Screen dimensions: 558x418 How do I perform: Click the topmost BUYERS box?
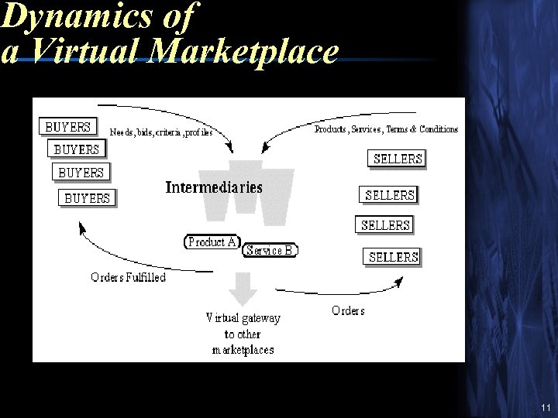click(67, 126)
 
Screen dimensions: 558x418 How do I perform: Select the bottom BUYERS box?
click(87, 197)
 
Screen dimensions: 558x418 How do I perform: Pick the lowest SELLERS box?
click(393, 256)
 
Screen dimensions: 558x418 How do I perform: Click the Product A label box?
click(212, 242)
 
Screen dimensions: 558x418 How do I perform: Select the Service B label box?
click(270, 250)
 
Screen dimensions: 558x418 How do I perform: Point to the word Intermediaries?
click(214, 187)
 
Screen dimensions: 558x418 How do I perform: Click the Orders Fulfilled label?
click(128, 277)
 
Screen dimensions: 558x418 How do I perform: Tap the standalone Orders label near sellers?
click(348, 310)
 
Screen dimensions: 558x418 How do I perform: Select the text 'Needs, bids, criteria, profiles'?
click(160, 132)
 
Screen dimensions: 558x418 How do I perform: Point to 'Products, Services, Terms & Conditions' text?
click(386, 129)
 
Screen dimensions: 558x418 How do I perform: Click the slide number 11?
click(546, 408)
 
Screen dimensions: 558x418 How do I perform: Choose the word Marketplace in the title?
click(245, 52)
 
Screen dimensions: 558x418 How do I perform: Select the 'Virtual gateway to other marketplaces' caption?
click(243, 334)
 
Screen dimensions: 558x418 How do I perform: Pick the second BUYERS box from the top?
click(77, 149)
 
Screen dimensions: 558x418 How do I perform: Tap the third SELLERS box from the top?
click(385, 225)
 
